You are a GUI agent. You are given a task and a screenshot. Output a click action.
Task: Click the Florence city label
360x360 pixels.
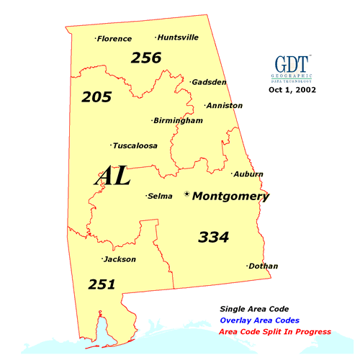[115, 39]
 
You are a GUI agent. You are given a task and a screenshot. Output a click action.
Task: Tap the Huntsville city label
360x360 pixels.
[178, 37]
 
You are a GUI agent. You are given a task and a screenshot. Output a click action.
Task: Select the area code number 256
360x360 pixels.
[146, 58]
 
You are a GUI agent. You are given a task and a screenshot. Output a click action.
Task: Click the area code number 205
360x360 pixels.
[96, 96]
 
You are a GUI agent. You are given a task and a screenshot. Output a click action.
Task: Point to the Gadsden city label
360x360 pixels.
[209, 82]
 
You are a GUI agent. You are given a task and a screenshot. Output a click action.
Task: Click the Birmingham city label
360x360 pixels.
[178, 121]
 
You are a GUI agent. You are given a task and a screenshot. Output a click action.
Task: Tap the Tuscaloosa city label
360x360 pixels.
[135, 145]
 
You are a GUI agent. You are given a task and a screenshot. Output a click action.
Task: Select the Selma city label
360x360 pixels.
[160, 196]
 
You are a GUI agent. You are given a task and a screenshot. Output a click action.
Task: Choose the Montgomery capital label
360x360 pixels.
[230, 196]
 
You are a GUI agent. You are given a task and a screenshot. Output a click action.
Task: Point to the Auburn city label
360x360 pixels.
[248, 174]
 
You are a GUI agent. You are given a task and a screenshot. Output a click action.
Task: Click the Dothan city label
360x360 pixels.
[263, 266]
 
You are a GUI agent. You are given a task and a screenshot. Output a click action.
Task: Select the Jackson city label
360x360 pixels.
[120, 259]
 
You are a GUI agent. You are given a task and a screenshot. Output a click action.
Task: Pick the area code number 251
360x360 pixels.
[102, 284]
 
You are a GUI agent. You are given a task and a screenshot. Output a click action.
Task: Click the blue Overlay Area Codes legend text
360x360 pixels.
[260, 320]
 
